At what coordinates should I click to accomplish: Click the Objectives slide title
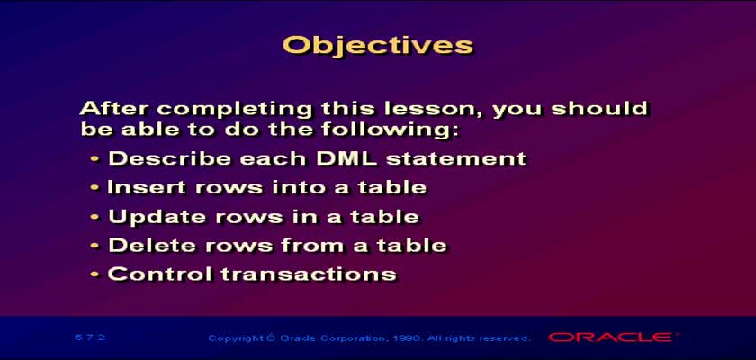(378, 46)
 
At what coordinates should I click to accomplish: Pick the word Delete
(152, 246)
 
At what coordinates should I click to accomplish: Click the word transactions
(309, 274)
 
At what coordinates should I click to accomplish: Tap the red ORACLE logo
(610, 337)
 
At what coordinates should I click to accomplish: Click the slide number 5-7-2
(90, 337)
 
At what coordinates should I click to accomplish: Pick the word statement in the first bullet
(456, 158)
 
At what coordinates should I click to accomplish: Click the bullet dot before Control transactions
(95, 274)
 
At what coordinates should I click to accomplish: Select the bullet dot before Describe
(95, 159)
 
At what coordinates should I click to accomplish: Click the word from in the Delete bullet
(312, 246)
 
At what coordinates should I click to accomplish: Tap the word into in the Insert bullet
(299, 187)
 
